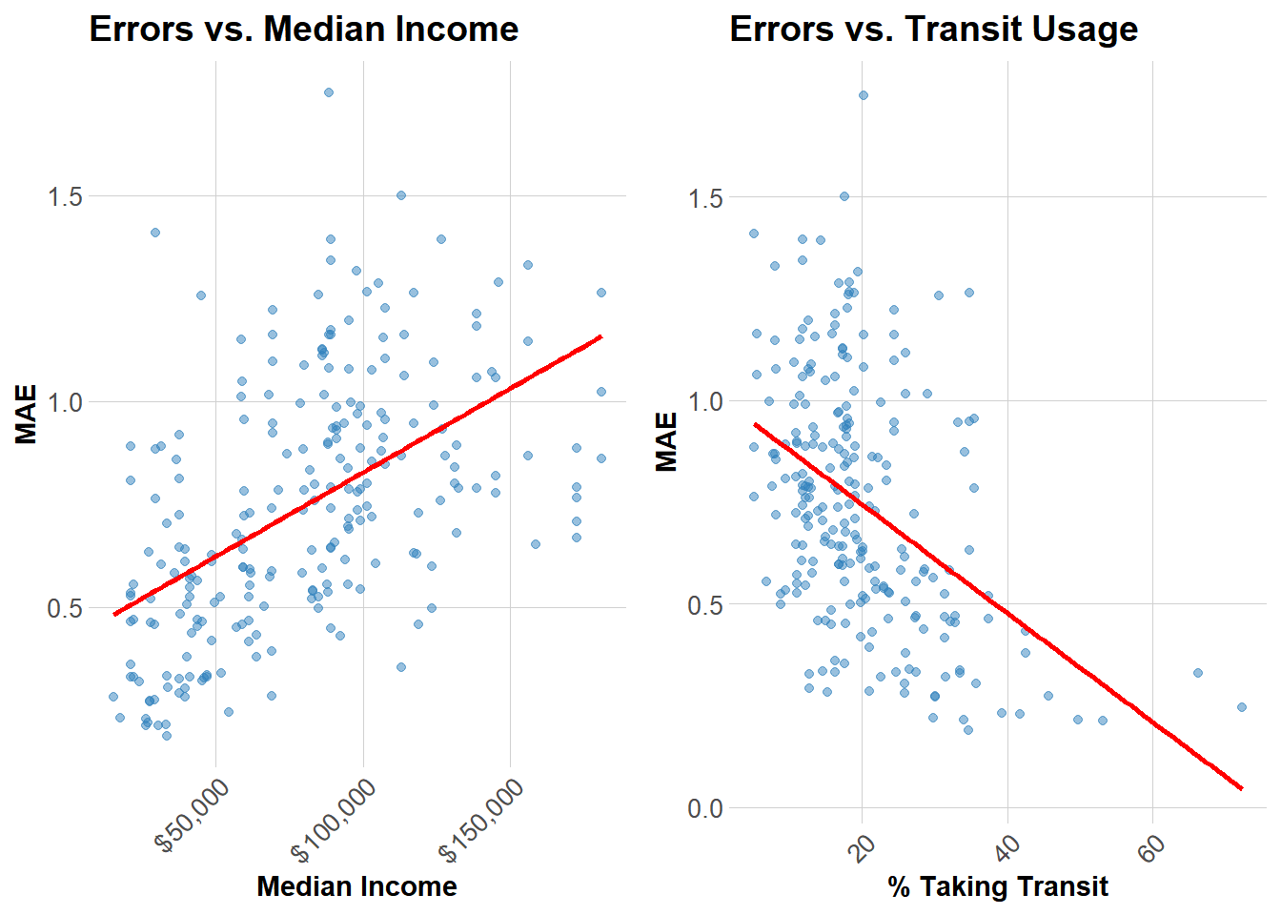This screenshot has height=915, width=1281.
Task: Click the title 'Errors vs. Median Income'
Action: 303,30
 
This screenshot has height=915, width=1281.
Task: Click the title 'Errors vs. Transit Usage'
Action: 933,30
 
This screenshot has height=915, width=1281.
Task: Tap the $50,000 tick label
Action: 194,815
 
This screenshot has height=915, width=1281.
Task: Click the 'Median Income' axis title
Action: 356,886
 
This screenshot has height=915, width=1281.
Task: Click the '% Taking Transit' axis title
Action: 997,886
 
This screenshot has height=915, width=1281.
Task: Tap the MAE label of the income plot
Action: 27,414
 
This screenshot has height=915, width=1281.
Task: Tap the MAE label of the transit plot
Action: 666,441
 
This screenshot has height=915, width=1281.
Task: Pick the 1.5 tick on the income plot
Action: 65,196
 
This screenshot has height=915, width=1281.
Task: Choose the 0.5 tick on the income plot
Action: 65,608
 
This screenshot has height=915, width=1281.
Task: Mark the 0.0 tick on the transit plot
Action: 705,808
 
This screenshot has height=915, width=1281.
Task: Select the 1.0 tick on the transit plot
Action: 705,401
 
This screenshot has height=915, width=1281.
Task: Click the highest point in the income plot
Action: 328,92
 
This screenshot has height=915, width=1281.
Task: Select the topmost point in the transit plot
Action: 863,95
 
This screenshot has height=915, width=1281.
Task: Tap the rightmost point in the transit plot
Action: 1242,707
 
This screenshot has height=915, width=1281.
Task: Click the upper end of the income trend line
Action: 600,336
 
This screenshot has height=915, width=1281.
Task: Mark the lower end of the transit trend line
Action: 1242,788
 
